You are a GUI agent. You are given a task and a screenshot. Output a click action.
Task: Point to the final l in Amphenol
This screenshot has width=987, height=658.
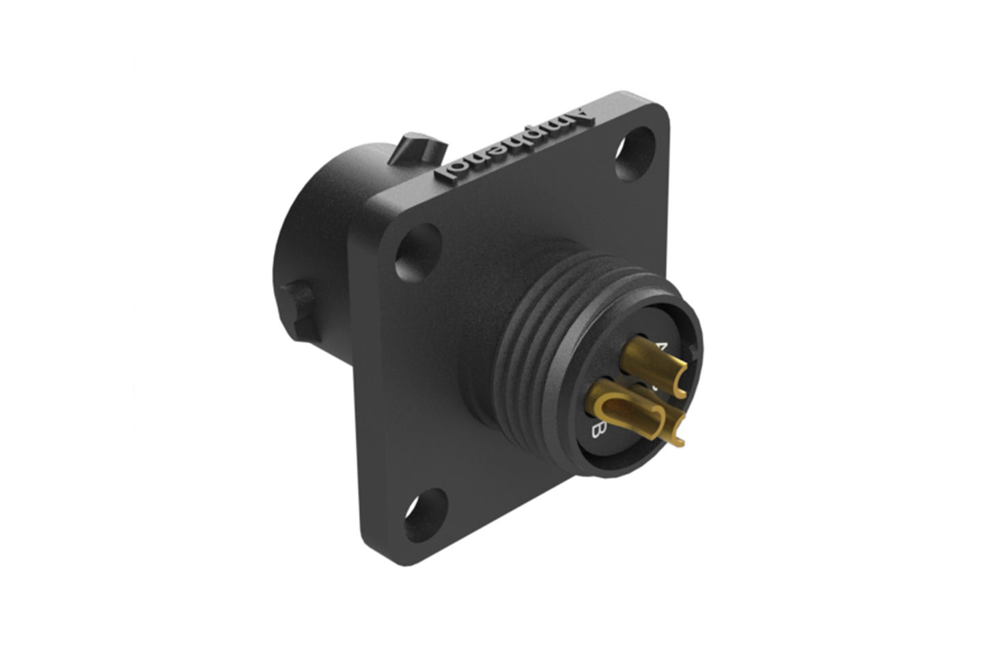coord(453,176)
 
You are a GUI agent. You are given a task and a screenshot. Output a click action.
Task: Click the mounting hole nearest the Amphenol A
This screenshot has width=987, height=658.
coord(632,154)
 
